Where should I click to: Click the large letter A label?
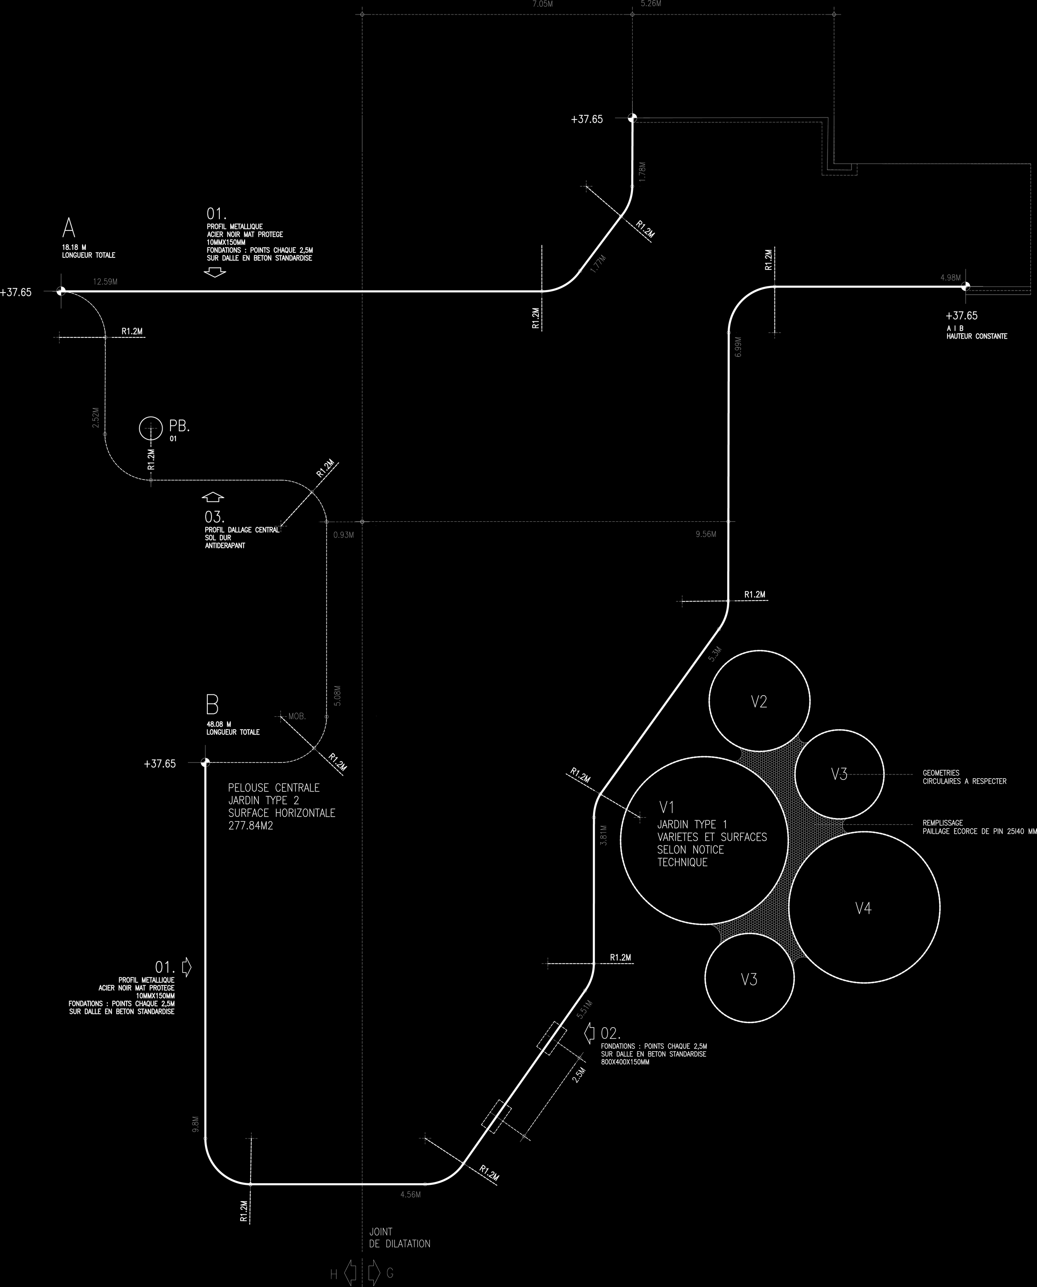tap(69, 228)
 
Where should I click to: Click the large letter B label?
tap(212, 706)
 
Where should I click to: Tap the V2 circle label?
tap(759, 702)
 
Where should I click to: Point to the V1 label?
tap(667, 808)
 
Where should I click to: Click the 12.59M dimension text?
tap(105, 281)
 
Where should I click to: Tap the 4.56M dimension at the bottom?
tap(410, 1194)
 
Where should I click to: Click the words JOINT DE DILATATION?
tap(399, 1237)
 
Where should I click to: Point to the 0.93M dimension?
tap(343, 535)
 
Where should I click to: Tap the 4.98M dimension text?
tap(950, 278)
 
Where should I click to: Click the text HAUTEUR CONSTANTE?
tap(977, 337)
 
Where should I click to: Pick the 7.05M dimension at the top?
tap(543, 4)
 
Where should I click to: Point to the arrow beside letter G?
tap(374, 1273)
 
